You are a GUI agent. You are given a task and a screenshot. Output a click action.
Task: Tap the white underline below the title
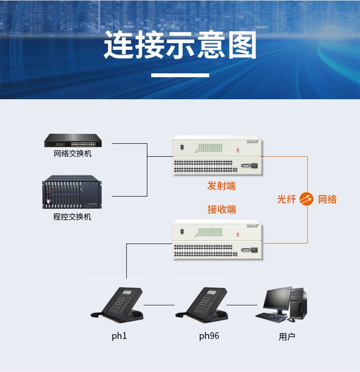pos(180,75)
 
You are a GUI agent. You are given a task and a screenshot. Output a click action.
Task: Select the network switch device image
pos(73,140)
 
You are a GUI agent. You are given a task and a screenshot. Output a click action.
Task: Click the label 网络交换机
pos(72,153)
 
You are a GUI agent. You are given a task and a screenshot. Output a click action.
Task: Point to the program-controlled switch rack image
pos(72,193)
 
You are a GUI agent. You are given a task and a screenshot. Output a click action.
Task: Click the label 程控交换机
pos(72,217)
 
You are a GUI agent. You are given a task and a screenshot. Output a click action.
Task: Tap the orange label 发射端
pos(221,186)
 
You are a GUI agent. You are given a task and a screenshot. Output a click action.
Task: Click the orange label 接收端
pos(221,209)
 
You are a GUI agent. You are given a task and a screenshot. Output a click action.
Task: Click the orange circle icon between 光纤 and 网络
pos(307,199)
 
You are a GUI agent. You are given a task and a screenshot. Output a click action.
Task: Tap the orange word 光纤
pos(287,199)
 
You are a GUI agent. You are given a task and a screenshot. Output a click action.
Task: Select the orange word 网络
pos(327,199)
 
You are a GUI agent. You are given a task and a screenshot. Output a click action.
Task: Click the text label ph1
pos(119,336)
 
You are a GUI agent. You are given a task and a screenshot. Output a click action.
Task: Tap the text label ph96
pos(209,336)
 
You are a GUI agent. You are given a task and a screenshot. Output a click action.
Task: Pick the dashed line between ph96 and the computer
pos(242,304)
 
